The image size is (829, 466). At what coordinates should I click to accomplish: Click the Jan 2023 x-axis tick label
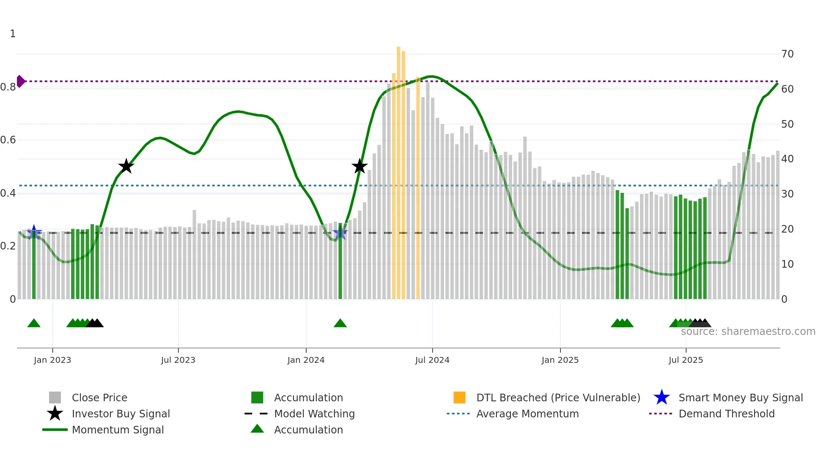[52, 360]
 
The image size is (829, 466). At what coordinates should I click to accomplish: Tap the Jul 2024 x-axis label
[432, 360]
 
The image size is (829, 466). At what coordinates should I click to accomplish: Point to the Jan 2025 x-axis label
[560, 360]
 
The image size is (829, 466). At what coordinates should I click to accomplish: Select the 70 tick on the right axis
[788, 54]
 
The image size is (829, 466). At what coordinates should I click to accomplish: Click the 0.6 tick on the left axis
[8, 140]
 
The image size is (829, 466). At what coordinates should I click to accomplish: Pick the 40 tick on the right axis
[788, 159]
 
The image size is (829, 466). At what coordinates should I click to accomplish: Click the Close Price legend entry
[99, 398]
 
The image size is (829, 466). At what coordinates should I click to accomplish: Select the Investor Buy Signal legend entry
[121, 414]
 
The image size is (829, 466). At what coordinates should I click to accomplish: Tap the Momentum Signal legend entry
[118, 430]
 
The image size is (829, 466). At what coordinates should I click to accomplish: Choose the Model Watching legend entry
[314, 414]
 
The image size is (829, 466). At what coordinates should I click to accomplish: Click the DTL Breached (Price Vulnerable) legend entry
[558, 398]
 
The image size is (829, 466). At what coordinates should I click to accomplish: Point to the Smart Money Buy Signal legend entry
[741, 398]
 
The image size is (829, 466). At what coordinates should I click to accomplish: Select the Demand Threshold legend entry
[726, 414]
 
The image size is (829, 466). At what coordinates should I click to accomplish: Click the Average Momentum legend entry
[527, 414]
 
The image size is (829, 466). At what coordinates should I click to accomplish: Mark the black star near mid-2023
[126, 167]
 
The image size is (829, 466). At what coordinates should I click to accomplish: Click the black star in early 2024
[360, 167]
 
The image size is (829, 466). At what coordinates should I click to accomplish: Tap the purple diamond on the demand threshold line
[20, 81]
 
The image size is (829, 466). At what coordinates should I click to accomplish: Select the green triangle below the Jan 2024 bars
[340, 323]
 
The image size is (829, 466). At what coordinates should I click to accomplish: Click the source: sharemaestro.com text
[748, 332]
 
